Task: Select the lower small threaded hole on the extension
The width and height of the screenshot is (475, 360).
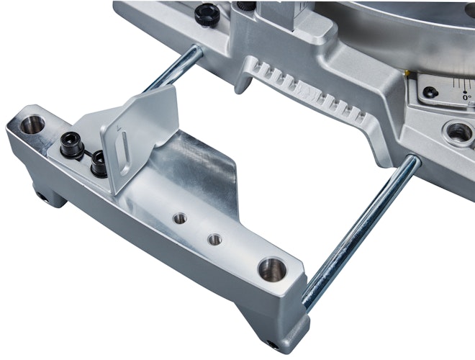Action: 213,238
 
